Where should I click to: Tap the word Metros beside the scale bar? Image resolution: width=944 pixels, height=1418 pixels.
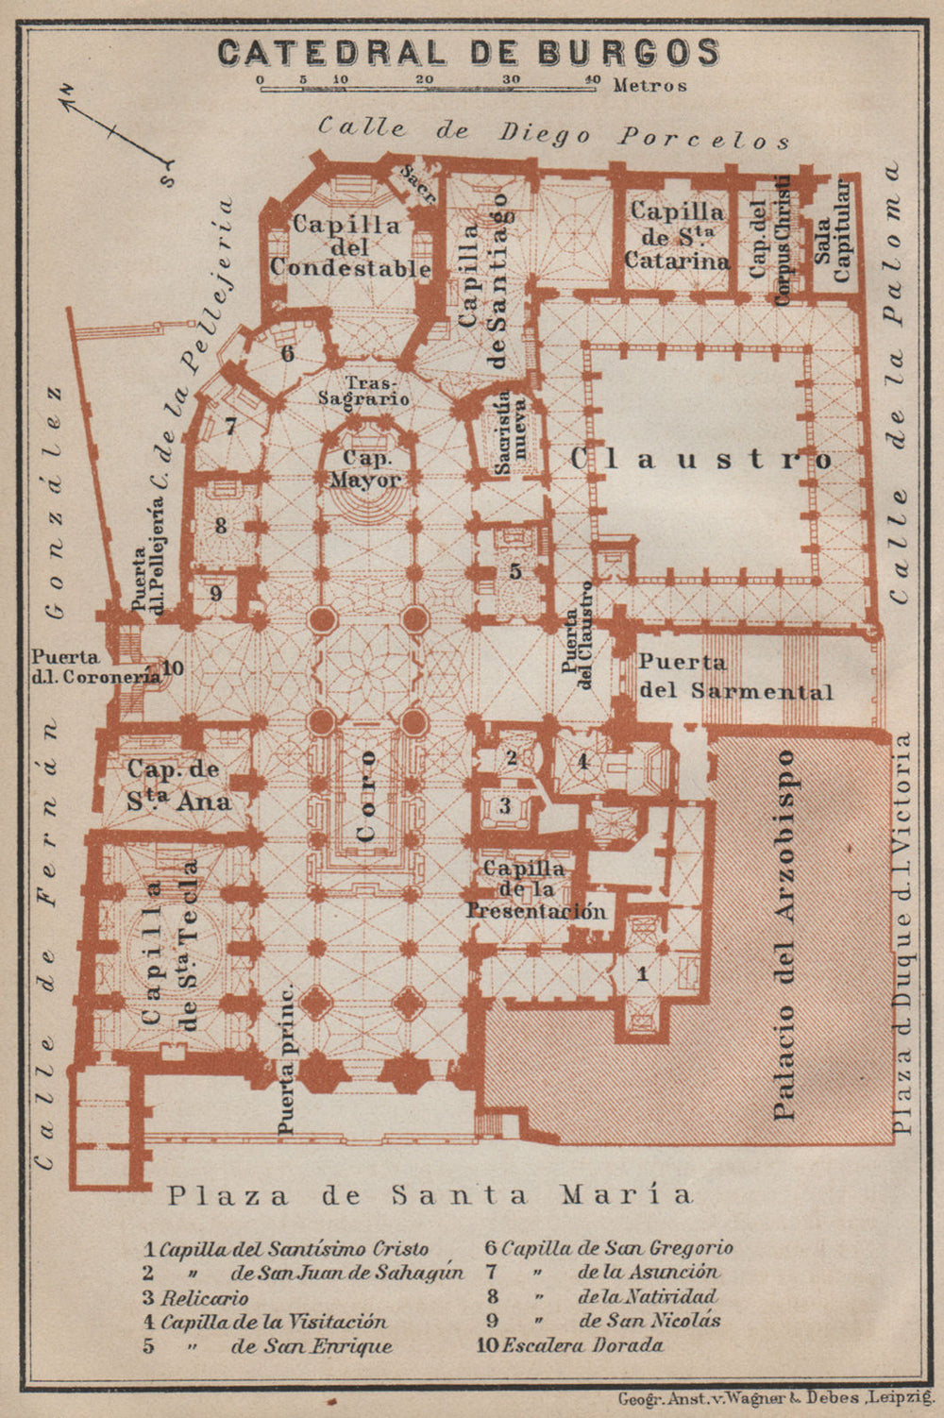pyautogui.click(x=649, y=85)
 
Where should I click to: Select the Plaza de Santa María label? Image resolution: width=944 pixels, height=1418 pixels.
pyautogui.click(x=430, y=1194)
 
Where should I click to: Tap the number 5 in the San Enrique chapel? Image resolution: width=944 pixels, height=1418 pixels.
pyautogui.click(x=514, y=571)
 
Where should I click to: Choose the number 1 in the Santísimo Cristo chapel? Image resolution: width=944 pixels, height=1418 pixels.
pyautogui.click(x=642, y=972)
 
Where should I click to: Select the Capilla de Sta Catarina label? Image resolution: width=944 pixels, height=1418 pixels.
pyautogui.click(x=677, y=236)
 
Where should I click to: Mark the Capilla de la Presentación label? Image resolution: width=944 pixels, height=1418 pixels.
pyautogui.click(x=534, y=889)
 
